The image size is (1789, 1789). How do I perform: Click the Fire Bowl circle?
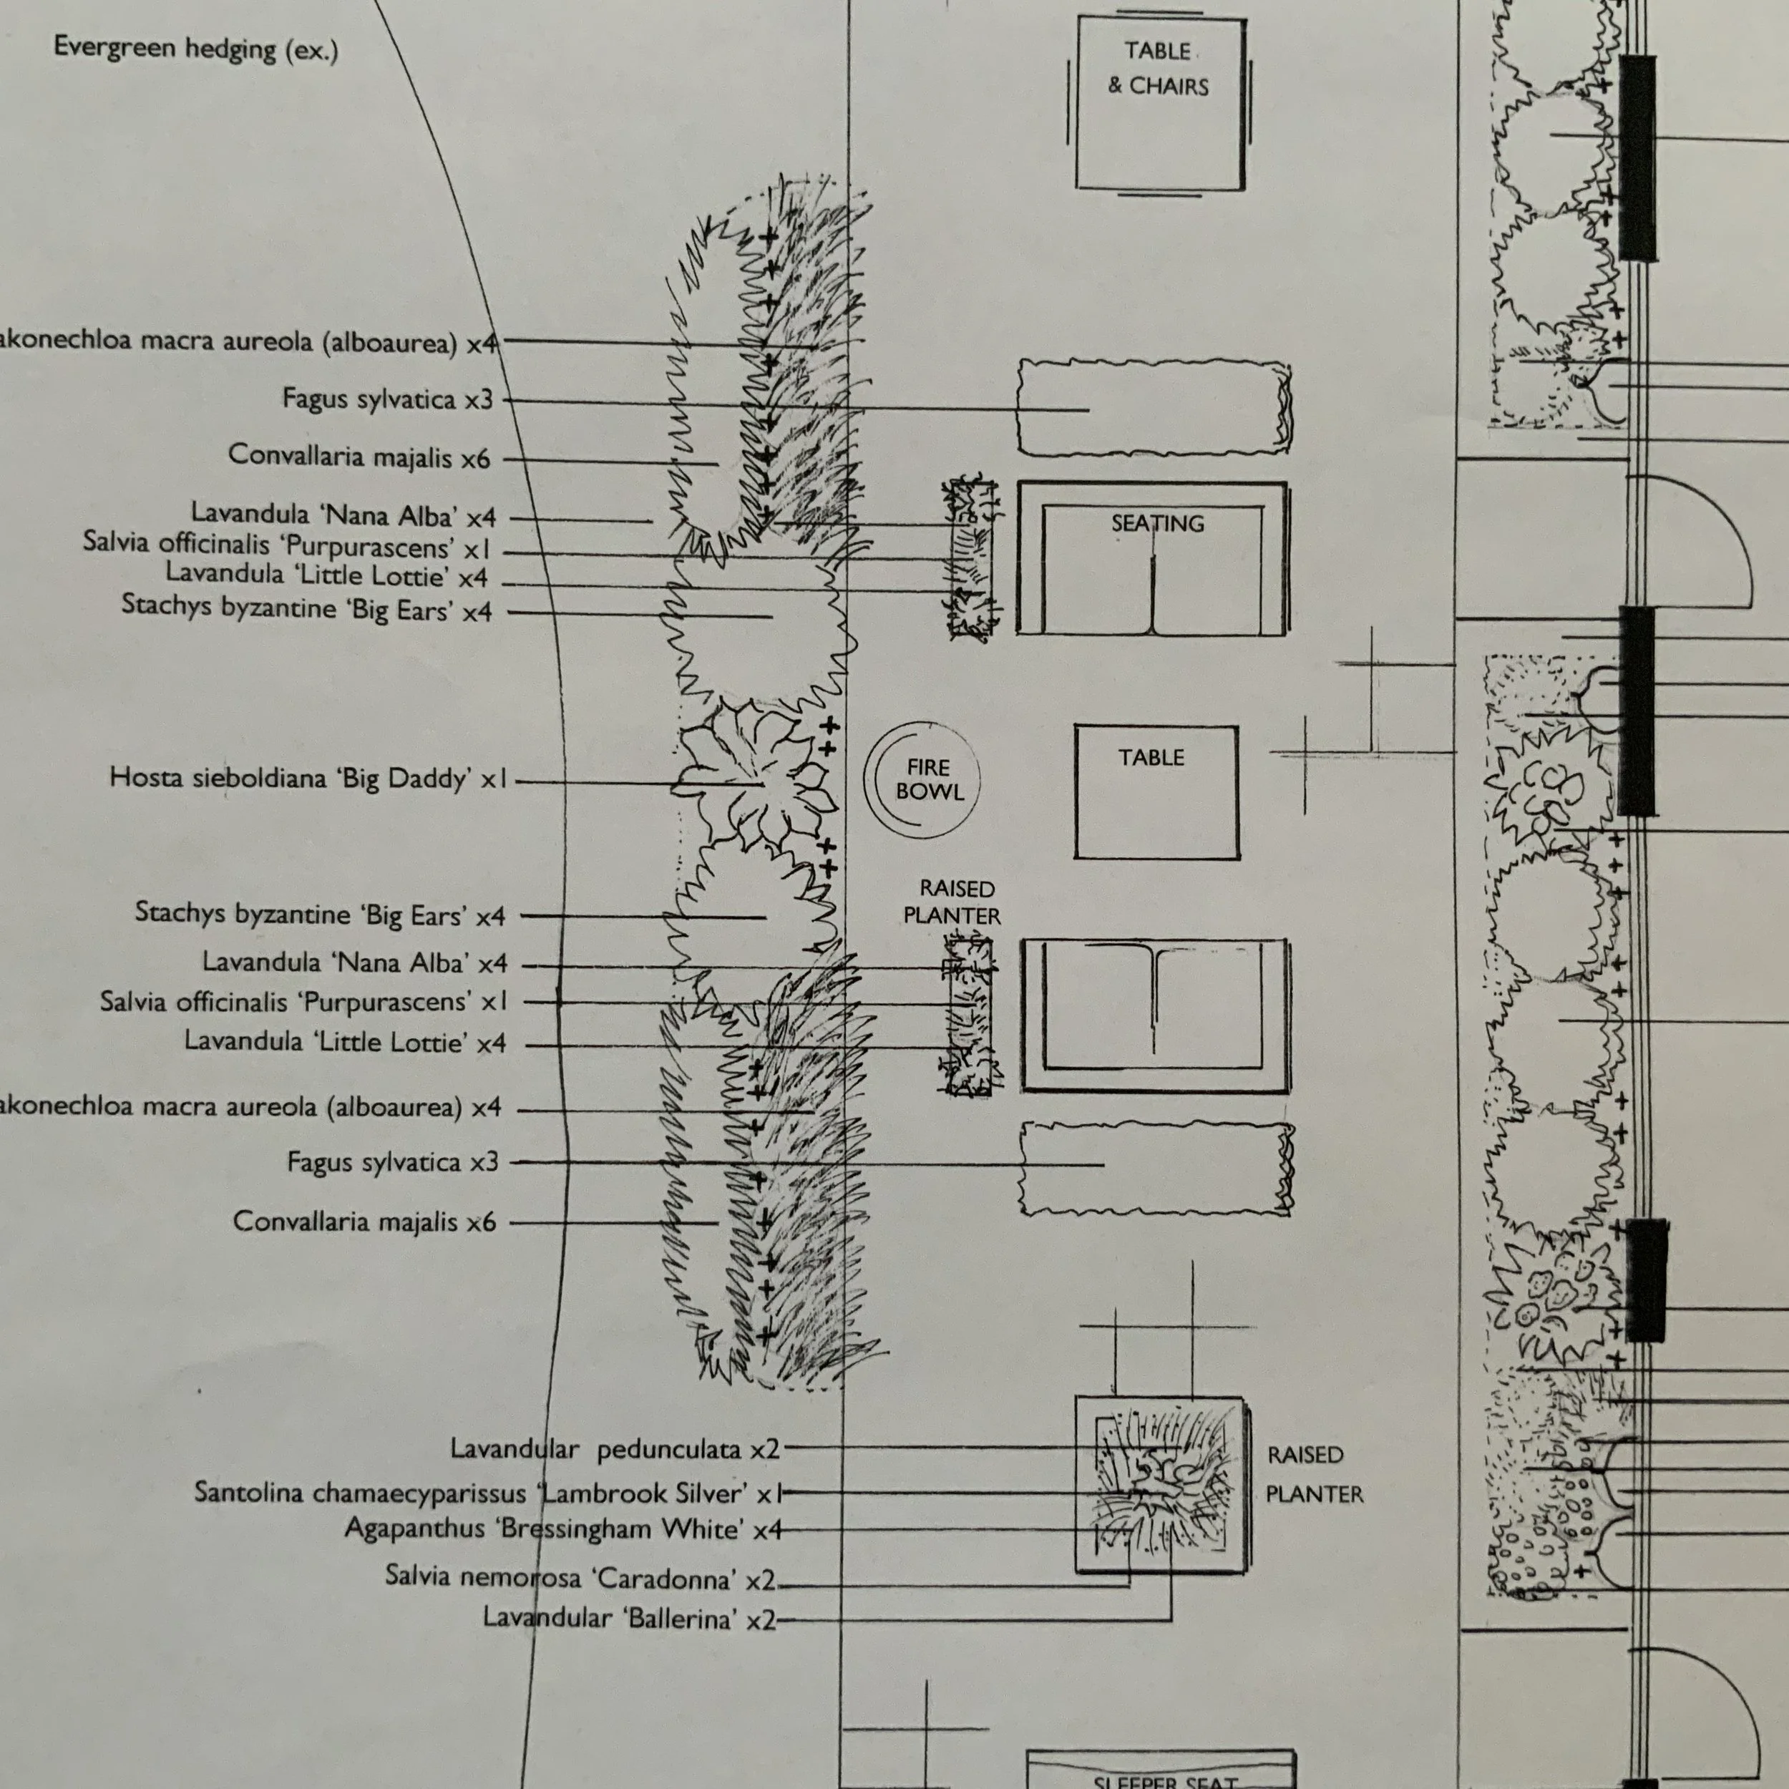(922, 780)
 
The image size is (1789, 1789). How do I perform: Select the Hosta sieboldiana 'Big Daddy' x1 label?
(308, 778)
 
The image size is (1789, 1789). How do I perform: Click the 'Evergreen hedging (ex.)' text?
(196, 48)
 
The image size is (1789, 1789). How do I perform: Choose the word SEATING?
(1157, 523)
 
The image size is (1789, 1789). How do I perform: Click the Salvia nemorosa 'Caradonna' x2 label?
(580, 1577)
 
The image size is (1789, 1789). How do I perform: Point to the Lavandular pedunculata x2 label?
(615, 1449)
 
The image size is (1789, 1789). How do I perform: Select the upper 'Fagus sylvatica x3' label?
(387, 399)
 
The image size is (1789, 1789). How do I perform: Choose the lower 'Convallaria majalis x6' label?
(364, 1222)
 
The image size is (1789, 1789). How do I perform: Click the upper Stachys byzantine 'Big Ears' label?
(306, 608)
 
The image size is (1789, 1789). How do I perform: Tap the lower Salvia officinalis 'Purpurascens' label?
(303, 1002)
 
